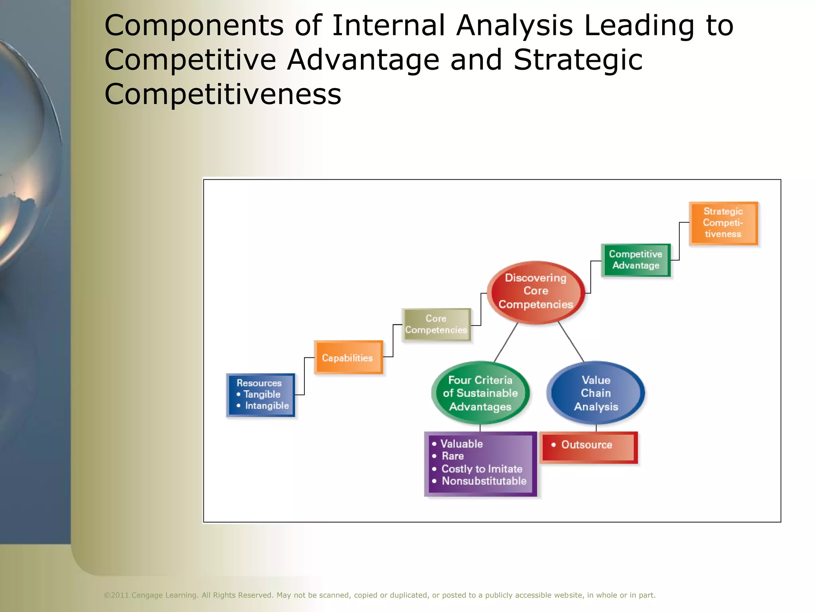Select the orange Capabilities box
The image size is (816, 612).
[x=348, y=357]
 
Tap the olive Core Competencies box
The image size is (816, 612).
[x=436, y=324]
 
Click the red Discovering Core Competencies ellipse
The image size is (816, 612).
[x=536, y=292]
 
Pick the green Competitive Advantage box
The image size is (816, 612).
[x=636, y=260]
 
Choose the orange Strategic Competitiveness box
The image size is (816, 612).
[x=723, y=223]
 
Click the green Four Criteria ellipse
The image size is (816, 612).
[x=480, y=393]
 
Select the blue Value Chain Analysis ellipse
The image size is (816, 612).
[x=596, y=393]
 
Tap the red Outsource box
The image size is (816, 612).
[x=588, y=447]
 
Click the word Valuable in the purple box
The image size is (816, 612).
[x=461, y=444]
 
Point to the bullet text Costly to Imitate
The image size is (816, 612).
[x=481, y=469]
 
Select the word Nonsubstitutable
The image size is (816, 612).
[x=484, y=481]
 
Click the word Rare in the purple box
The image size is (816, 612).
[x=453, y=456]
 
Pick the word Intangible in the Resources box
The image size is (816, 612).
[x=267, y=406]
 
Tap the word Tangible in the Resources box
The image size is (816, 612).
[x=262, y=394]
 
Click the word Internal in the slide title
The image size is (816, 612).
[x=388, y=25]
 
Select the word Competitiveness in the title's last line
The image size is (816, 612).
[x=223, y=94]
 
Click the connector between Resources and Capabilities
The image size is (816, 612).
[x=304, y=377]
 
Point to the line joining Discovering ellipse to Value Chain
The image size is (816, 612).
[x=571, y=341]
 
